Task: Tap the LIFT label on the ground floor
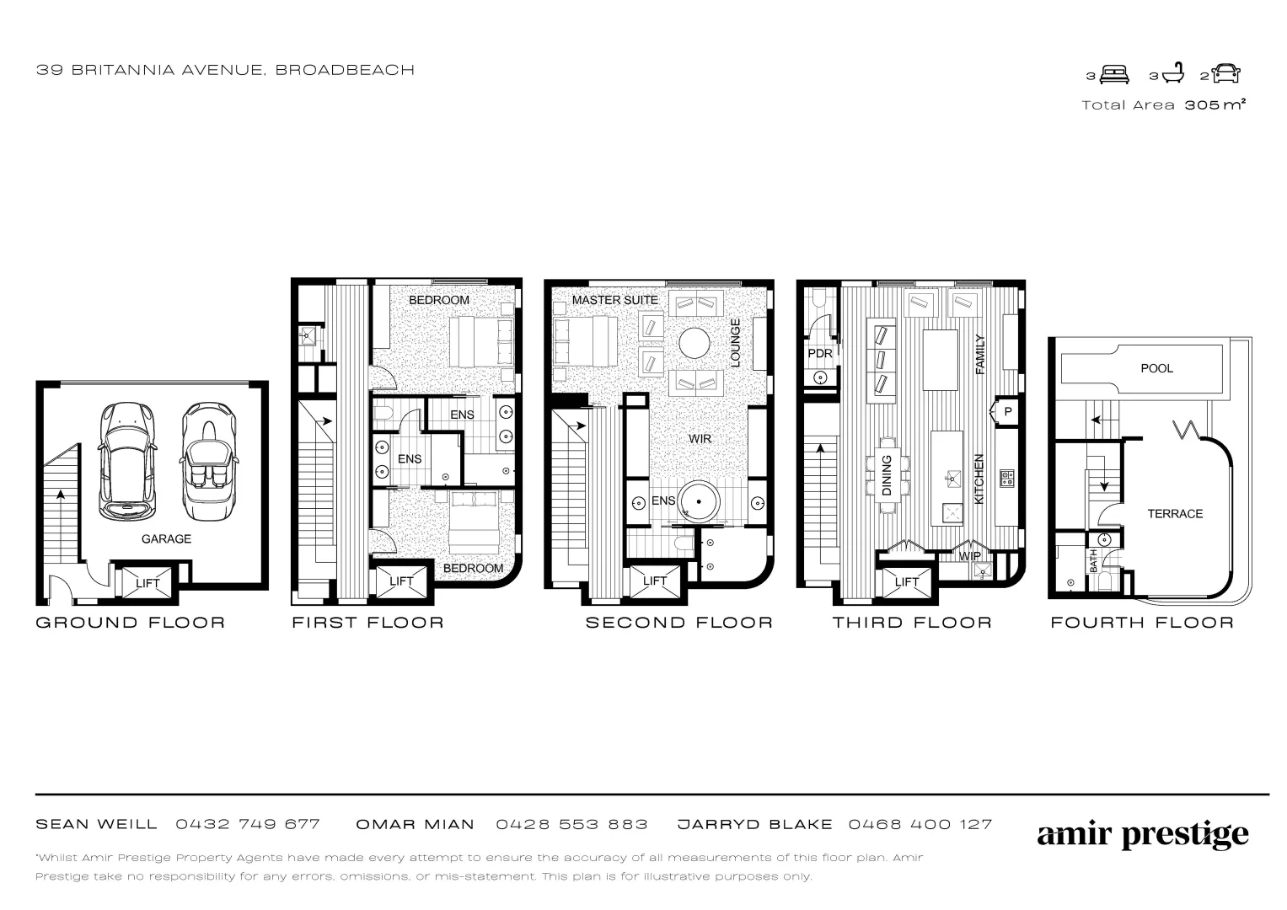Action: coord(147,583)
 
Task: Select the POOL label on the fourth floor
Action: coord(1156,368)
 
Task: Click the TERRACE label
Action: coord(1175,513)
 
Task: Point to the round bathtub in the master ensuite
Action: coord(699,502)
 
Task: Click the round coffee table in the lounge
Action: coord(696,343)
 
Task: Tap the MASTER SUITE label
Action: coord(614,300)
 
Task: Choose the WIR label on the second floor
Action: coord(700,439)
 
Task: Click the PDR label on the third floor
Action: coord(819,353)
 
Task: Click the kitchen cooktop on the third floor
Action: coord(1006,479)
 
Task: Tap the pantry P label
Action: coord(1007,412)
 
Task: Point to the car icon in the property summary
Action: coord(1226,74)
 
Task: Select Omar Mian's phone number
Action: coord(571,824)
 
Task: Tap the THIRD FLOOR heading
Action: coord(912,623)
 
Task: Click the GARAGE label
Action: coord(166,538)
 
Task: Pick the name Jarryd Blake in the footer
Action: coord(754,824)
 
